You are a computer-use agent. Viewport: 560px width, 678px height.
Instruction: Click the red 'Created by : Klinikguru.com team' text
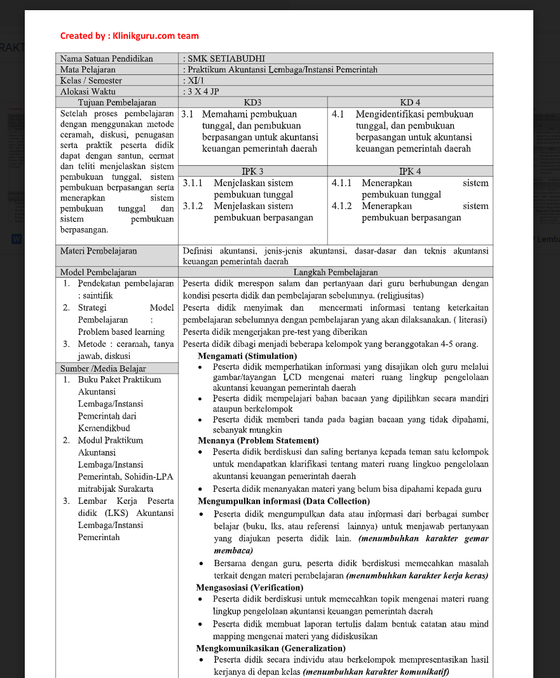point(129,36)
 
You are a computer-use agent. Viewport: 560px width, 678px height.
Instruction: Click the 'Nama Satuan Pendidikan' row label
point(106,58)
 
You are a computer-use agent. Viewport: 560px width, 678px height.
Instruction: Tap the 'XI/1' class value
point(195,80)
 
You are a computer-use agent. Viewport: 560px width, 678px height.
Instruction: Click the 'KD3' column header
point(252,102)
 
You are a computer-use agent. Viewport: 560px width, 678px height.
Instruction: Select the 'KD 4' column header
point(409,102)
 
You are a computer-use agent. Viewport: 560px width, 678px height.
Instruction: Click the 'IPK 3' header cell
point(252,171)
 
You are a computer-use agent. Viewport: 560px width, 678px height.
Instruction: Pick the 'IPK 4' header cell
point(409,171)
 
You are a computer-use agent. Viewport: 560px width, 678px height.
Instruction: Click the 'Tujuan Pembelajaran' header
point(117,102)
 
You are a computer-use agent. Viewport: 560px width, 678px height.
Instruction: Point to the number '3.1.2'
point(193,206)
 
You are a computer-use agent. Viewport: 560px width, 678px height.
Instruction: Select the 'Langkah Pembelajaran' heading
point(335,272)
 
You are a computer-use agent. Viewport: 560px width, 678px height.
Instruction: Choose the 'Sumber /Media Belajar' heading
point(103,368)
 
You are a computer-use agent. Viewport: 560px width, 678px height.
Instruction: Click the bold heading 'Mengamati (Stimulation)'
point(247,356)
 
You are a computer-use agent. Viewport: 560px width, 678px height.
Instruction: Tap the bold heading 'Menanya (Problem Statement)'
point(258,440)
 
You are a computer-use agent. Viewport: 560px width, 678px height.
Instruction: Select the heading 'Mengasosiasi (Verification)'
point(250,587)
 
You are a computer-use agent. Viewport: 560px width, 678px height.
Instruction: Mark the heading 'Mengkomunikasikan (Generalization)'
point(271,648)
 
